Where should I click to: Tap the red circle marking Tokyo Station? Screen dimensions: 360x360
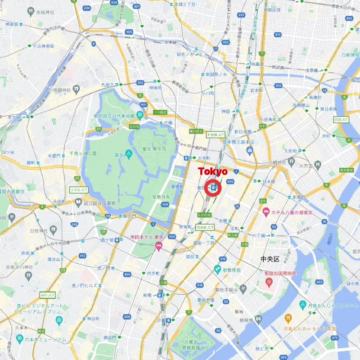pyautogui.click(x=213, y=188)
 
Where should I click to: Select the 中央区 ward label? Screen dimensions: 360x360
pyautogui.click(x=270, y=260)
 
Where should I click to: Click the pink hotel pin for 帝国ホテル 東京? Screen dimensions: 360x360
pyautogui.click(x=158, y=246)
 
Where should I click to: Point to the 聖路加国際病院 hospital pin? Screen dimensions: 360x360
pyautogui.click(x=269, y=282)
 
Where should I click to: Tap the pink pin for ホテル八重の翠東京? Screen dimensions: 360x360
pyautogui.click(x=266, y=211)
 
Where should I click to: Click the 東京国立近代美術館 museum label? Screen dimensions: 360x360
pyautogui.click(x=114, y=116)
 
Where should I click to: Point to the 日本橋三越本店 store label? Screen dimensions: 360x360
pyautogui.click(x=238, y=142)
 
